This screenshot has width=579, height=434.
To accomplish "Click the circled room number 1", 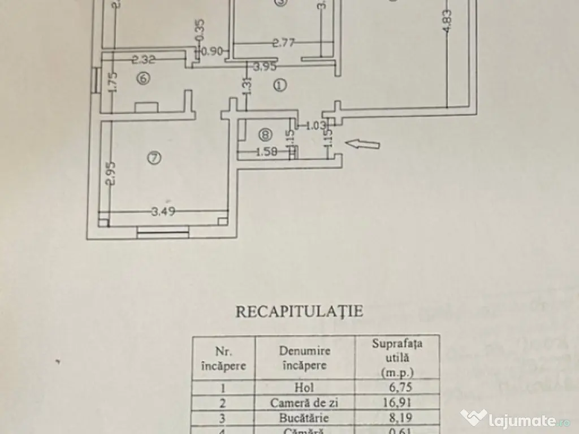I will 279,85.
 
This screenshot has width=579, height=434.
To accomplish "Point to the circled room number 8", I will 265,134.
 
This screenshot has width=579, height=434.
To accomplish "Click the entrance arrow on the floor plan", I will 362,145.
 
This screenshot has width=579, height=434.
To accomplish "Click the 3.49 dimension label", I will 163,212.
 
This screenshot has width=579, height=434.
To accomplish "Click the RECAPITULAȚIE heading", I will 299,311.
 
